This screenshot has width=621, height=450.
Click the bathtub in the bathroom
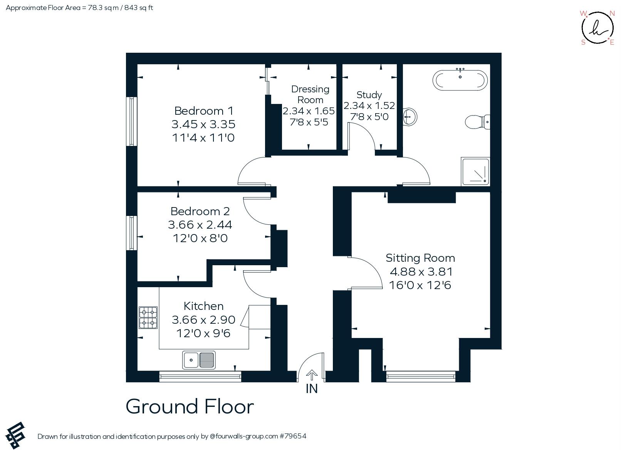click(460, 80)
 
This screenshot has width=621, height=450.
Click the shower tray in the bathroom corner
click(475, 171)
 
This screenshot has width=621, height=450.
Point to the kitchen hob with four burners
click(148, 318)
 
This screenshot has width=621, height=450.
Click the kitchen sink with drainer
click(199, 360)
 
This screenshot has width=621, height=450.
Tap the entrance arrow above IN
click(312, 375)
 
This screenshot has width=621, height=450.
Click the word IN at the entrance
click(312, 389)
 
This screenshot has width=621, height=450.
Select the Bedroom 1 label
click(204, 111)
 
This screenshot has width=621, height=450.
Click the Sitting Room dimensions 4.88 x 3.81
click(421, 272)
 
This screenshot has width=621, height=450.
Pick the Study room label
click(369, 95)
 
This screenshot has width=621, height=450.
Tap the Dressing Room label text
click(310, 94)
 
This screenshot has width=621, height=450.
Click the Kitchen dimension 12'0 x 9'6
click(203, 333)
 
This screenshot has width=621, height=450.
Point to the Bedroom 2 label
click(200, 211)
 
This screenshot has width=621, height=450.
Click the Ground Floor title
click(190, 407)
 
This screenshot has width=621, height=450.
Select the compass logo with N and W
click(597, 28)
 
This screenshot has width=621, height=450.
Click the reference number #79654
click(293, 436)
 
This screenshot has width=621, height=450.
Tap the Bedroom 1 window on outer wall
click(132, 121)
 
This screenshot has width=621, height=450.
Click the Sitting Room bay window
click(421, 376)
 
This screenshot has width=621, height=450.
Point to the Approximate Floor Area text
click(79, 8)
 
